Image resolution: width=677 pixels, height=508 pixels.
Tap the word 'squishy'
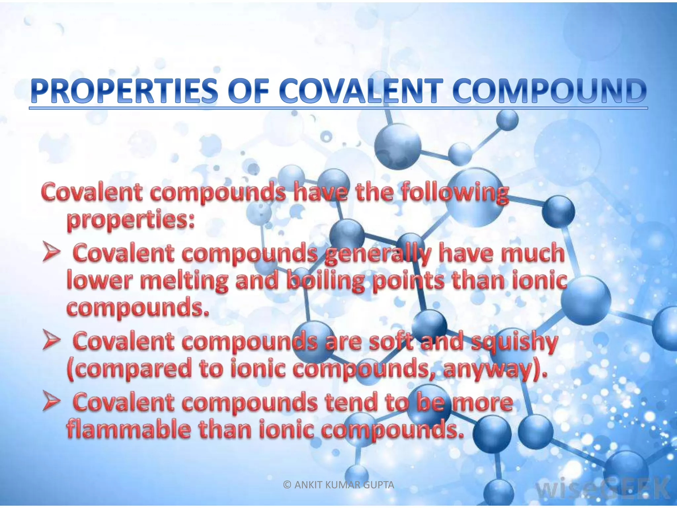point(514,343)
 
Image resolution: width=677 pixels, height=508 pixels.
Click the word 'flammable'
point(129,429)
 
